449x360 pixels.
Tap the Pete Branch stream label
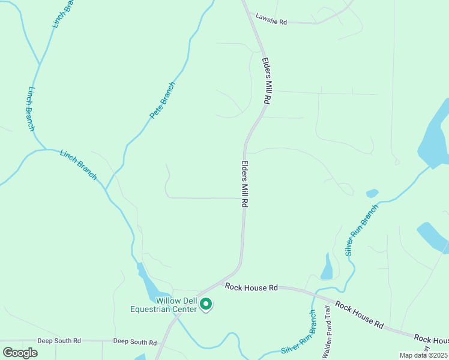click(162, 100)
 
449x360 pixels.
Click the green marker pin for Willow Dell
click(206, 305)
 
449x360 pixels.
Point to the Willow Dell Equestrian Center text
click(167, 305)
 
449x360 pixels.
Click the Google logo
click(20, 352)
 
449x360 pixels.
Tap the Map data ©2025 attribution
click(424, 355)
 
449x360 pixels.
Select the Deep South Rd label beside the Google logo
click(59, 341)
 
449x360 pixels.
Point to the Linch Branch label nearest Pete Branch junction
click(78, 164)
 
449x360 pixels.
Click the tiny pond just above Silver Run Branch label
click(372, 193)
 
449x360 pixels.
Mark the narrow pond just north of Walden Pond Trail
click(327, 267)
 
